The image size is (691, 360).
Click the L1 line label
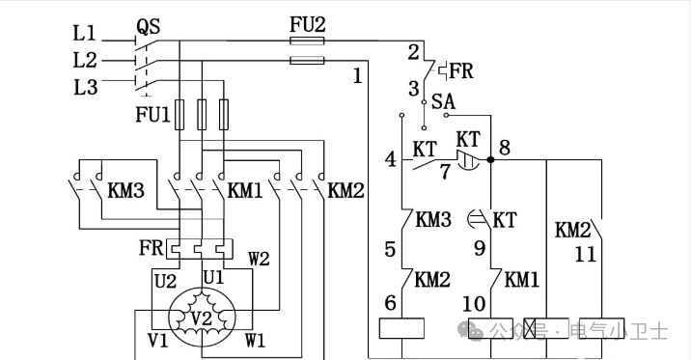84,34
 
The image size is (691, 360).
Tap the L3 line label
85,87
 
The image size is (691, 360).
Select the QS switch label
148,26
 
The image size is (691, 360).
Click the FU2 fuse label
308,25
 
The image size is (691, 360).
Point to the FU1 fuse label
152,115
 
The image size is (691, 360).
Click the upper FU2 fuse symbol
307,41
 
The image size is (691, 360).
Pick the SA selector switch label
443,101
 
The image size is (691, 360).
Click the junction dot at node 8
490,159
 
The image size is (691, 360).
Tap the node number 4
391,159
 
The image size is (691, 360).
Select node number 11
585,254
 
